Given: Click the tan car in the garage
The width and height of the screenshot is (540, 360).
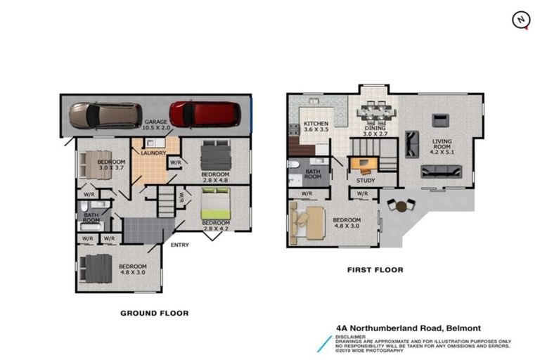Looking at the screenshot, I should pos(105,115).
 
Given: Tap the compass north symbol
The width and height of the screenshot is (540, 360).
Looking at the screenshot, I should pos(520,20).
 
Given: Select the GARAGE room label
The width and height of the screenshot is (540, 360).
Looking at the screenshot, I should pos(156,122).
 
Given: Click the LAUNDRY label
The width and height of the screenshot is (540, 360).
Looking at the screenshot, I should pos(153,153).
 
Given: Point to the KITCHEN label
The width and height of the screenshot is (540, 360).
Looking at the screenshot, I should pos(316,123).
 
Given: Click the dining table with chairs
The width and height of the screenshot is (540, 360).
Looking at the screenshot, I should pos(373,111).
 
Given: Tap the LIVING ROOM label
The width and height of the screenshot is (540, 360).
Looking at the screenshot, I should pos(442,145).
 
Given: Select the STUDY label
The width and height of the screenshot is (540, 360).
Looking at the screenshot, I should pos(366,181).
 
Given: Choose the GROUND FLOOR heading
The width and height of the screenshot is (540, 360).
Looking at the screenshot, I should pos(153,313).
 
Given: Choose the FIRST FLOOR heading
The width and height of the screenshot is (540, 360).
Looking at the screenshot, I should pos(374,269).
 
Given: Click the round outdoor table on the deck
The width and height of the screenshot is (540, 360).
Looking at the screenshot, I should pos(401,206).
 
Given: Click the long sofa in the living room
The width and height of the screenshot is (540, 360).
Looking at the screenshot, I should pos(441,172).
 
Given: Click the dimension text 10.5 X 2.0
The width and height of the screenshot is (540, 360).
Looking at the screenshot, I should pos(156,129).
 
